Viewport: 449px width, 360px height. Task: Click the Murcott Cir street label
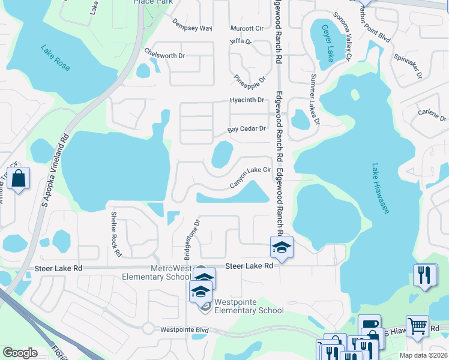click(x=247, y=28)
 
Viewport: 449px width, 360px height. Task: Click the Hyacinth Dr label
click(x=247, y=100)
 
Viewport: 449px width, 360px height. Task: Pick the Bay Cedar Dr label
click(x=246, y=130)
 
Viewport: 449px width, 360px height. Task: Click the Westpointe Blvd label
click(x=184, y=329)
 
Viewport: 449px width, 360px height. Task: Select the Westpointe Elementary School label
click(x=249, y=307)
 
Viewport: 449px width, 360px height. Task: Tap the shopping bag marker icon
click(x=19, y=179)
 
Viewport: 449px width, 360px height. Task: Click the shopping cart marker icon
click(x=417, y=326)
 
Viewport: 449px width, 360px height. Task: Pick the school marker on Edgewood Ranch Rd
click(x=282, y=247)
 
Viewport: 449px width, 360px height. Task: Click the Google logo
click(x=20, y=352)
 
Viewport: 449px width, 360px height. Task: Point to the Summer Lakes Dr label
click(x=315, y=100)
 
